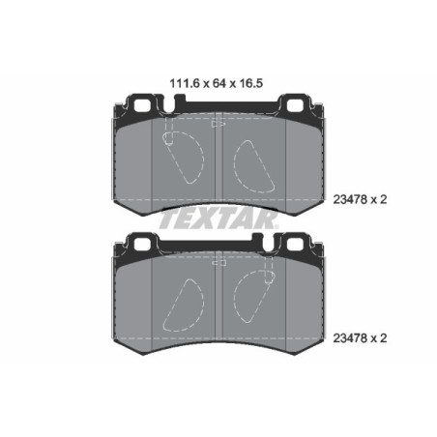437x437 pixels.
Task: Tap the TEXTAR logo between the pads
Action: pyautogui.click(x=218, y=220)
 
